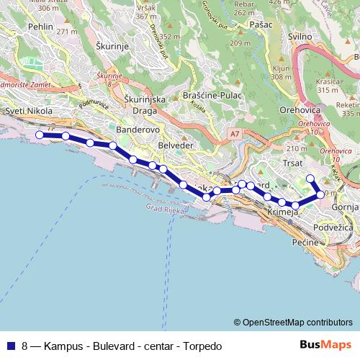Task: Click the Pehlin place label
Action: pos(40,26)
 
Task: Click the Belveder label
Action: pos(176,145)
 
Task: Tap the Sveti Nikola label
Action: pos(28,112)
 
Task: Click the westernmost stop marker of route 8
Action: pos(40,135)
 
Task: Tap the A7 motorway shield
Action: pos(235,133)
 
